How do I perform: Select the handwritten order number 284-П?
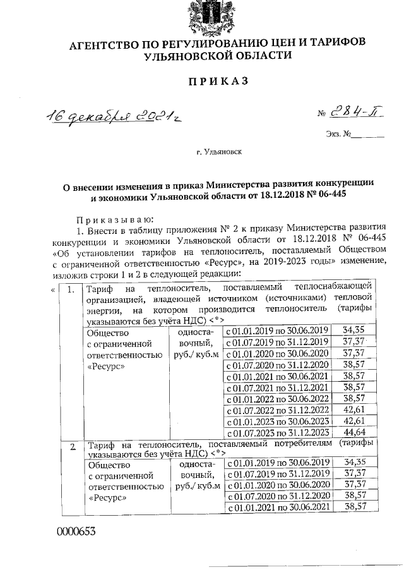[x=359, y=114]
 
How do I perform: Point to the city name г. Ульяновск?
[x=218, y=152]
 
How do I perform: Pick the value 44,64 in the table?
[x=355, y=432]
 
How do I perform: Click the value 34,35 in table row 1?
[x=355, y=330]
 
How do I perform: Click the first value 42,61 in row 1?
[x=355, y=410]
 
